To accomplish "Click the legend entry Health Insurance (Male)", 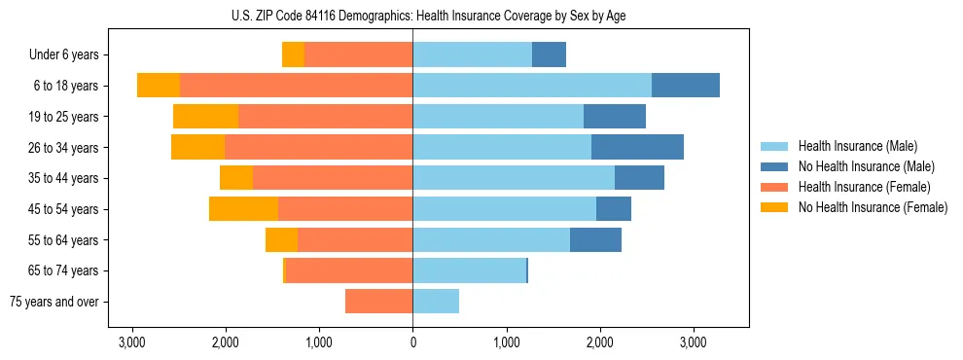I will [x=857, y=146].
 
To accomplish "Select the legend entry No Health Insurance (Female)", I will [x=873, y=207].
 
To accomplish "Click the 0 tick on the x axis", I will [x=412, y=342].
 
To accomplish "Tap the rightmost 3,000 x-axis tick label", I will [x=693, y=342].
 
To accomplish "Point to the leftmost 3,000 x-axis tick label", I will [x=132, y=342].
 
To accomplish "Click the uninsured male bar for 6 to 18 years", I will [x=686, y=86].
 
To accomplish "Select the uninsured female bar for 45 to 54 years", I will [x=243, y=209].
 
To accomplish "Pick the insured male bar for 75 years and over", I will [x=436, y=302].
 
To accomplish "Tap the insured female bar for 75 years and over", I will [x=379, y=302].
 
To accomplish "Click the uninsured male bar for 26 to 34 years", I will [x=637, y=147].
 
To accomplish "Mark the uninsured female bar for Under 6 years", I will [x=293, y=54].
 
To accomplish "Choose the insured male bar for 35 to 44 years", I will [x=514, y=178].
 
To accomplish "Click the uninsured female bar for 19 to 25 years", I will [x=205, y=117].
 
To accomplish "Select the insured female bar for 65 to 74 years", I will [x=349, y=270].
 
